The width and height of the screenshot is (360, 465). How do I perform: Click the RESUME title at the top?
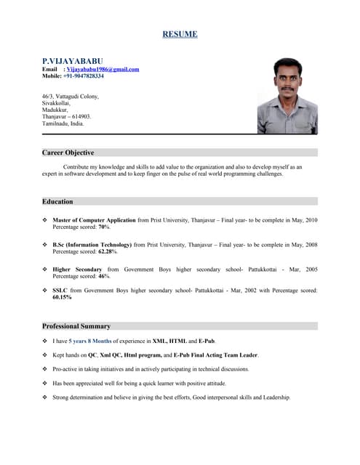(x=180, y=34)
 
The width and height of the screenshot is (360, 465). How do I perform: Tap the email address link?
(x=103, y=69)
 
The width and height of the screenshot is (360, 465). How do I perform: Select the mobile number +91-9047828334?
(x=83, y=76)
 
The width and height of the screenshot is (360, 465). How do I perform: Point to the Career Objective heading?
(x=68, y=153)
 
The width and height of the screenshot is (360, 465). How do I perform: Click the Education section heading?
(x=57, y=201)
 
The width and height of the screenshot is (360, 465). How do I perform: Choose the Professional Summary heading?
(x=76, y=326)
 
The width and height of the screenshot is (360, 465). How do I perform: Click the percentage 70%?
(x=104, y=227)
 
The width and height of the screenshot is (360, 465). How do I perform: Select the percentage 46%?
(x=104, y=277)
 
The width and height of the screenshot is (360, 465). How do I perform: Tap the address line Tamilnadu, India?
(x=63, y=124)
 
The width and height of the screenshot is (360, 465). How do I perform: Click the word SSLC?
(x=60, y=291)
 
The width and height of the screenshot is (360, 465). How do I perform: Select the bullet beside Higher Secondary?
(x=45, y=270)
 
